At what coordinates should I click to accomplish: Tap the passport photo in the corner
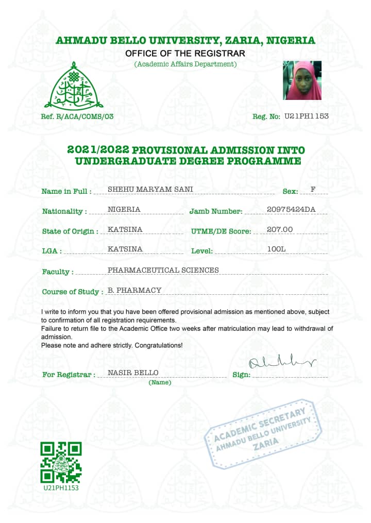[x=302, y=80]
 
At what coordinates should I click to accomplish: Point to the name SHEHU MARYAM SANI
[x=150, y=189]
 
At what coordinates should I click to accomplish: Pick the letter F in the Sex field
[x=313, y=189]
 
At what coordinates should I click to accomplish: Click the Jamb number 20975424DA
[x=291, y=209]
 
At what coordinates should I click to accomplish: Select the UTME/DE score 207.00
[x=280, y=229]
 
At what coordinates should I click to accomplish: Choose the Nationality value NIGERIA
[x=124, y=209]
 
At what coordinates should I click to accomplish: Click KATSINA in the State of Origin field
[x=125, y=229]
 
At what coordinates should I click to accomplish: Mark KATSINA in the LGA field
[x=125, y=249]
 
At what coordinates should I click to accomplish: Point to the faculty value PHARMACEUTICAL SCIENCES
[x=163, y=269]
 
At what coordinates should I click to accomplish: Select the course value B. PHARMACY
[x=134, y=290]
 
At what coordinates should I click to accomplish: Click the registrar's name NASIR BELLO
[x=133, y=373]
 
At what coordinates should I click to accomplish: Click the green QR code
[x=61, y=462]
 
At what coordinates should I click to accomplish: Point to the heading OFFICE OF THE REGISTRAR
[x=185, y=53]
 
